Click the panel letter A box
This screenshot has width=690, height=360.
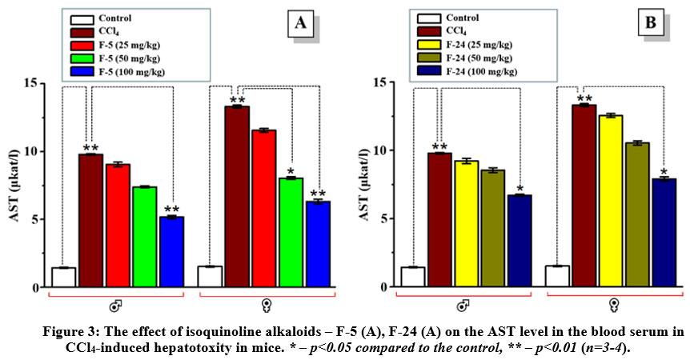pyautogui.click(x=301, y=25)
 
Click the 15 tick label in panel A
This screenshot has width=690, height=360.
pyautogui.click(x=30, y=83)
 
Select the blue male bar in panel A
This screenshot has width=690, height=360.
pyautogui.click(x=173, y=251)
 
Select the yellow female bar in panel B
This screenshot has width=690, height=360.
pyautogui.click(x=612, y=201)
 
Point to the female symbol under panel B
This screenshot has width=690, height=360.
pyautogui.click(x=613, y=305)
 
